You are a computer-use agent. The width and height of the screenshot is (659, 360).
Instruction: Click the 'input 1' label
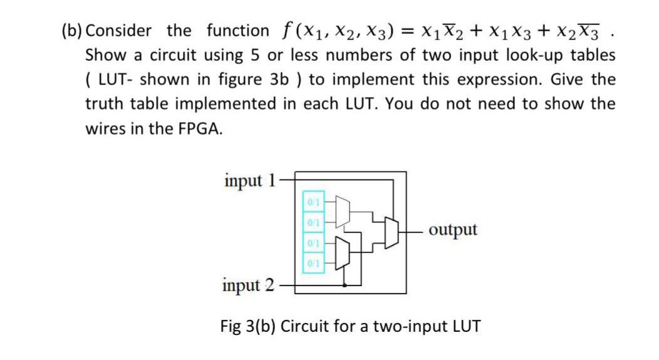click(249, 180)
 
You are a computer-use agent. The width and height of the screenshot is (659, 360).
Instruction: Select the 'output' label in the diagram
click(453, 229)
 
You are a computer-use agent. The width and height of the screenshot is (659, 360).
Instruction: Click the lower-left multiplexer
click(344, 252)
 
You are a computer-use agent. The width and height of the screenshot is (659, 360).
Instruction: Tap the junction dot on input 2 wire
click(344, 285)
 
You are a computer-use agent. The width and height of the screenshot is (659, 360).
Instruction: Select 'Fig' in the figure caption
click(232, 326)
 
